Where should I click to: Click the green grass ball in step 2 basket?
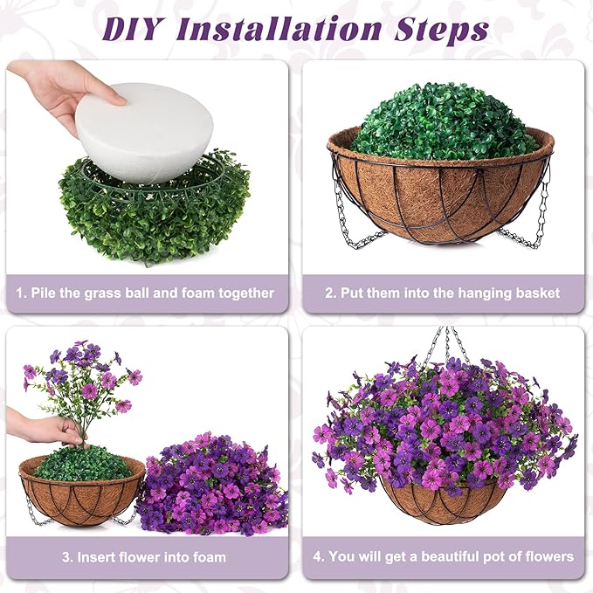coord(443,122)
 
